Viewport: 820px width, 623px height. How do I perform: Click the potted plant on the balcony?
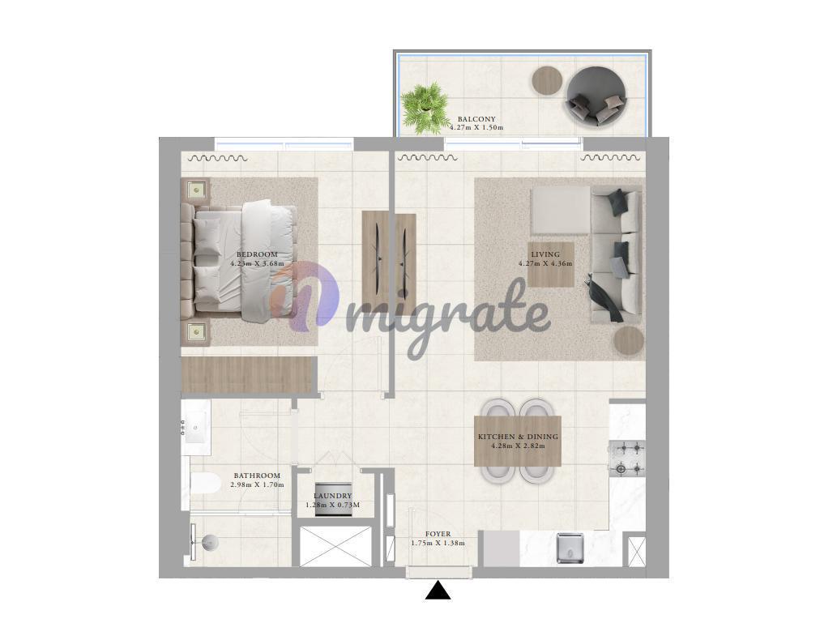coord(425,109)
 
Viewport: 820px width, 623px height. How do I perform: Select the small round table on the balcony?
coord(547,80)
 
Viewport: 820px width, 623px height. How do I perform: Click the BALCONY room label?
coord(476,119)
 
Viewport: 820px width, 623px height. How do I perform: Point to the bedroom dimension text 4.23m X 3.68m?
coord(258,263)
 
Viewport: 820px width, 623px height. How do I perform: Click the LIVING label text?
coord(545,254)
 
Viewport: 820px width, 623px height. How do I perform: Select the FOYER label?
coord(438,534)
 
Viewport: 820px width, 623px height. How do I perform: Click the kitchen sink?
coord(570,548)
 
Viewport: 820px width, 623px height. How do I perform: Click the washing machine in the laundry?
coord(333,499)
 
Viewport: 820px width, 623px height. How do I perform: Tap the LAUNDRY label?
coord(332,496)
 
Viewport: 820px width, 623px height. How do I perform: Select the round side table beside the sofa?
coord(629,341)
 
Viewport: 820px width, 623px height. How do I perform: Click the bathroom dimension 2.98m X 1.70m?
coord(258,485)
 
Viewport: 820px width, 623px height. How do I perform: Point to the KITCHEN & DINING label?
coord(518,437)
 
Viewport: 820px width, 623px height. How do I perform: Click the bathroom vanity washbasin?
coord(197,428)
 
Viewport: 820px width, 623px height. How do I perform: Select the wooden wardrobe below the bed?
coord(249,374)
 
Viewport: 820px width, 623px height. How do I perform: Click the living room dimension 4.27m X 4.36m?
coord(545,263)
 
